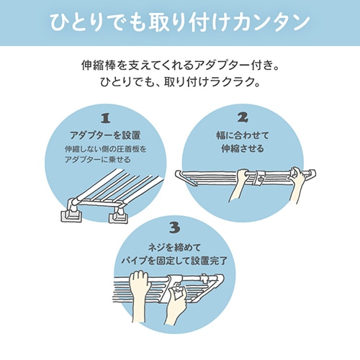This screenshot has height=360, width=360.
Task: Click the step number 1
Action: tap(106, 118)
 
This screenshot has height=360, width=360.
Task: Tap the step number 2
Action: tap(243, 117)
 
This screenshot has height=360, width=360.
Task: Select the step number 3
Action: tap(174, 228)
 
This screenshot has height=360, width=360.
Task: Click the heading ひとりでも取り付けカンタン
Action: tap(180, 23)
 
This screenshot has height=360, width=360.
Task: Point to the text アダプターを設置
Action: tap(105, 135)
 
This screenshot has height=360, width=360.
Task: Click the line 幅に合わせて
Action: tap(243, 135)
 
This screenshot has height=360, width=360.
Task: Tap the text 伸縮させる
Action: tap(243, 148)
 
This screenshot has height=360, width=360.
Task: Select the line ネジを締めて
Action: tap(174, 248)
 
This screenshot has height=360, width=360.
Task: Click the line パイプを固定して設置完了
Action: tap(174, 261)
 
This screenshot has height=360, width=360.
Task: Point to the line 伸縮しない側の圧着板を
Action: tap(106, 149)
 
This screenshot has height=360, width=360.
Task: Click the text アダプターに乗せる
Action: tap(98, 159)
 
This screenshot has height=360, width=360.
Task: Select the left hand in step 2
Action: tap(239, 184)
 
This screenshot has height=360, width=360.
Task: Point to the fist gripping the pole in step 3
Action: tap(139, 296)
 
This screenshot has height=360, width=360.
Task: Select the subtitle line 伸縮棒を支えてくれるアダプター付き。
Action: tap(180, 66)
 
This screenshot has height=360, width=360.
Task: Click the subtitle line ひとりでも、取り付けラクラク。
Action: tap(180, 82)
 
